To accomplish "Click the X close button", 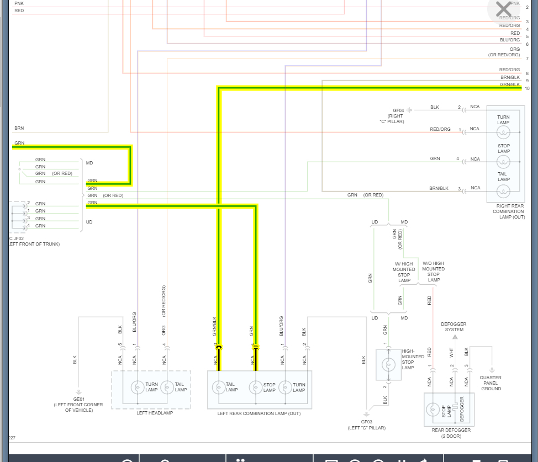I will coord(504,9).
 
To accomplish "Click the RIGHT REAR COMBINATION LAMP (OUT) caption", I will coord(509,211).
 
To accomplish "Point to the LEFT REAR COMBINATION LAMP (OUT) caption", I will coord(259,413).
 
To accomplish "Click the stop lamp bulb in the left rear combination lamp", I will coord(255,387).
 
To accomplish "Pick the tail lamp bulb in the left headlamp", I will coord(167,387).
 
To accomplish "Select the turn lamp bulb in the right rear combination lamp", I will coord(503,132).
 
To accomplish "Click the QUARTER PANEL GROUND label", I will coord(491,383).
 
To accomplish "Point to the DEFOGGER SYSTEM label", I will coord(455,327).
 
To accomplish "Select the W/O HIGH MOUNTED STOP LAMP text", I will coord(434,272).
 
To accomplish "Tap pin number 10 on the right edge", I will coord(527,89).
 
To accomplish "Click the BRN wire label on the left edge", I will coord(19,128).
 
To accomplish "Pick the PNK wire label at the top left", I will coord(19,3).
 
